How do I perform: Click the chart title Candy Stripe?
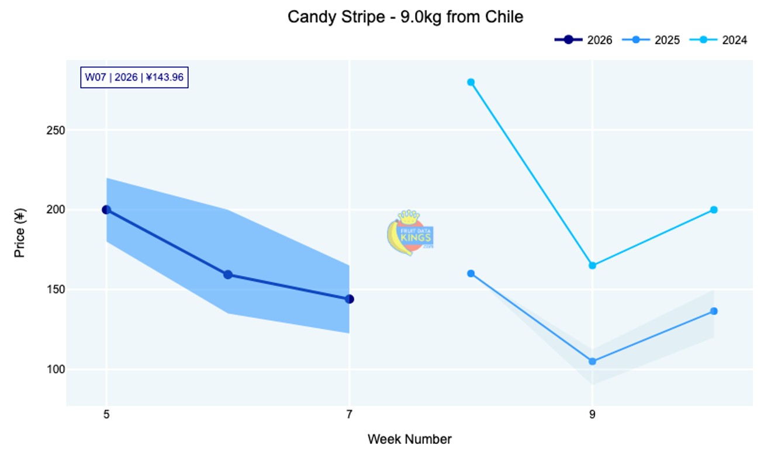tap(405, 17)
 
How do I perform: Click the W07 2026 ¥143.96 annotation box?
tap(134, 77)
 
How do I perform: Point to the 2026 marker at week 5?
tap(106, 210)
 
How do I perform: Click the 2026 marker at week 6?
tap(228, 275)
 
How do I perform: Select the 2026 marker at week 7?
tap(350, 299)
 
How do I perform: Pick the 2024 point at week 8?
tap(471, 82)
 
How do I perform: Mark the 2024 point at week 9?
tap(592, 266)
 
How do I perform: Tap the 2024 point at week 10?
tap(714, 210)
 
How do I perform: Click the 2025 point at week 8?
tap(471, 273)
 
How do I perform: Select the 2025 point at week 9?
tap(592, 362)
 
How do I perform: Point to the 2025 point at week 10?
tap(714, 311)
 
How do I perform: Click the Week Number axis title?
tap(409, 439)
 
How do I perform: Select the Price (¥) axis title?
tap(20, 234)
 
